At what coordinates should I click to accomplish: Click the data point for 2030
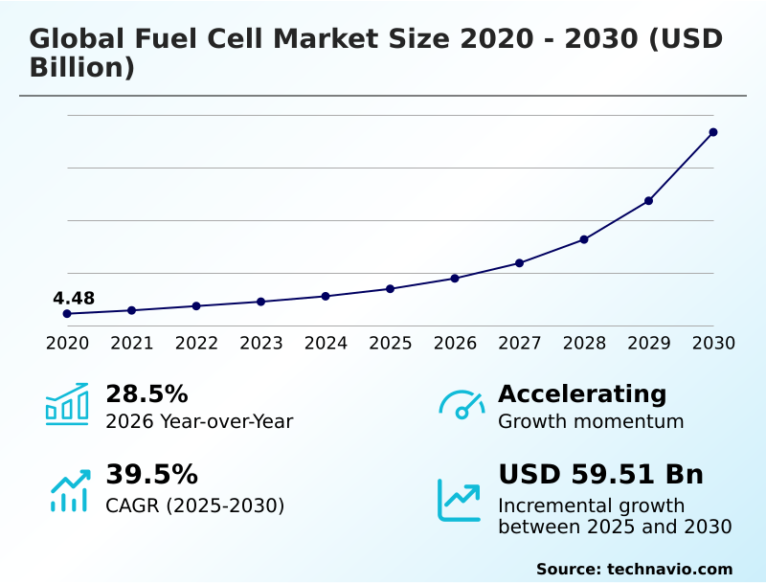pyautogui.click(x=713, y=132)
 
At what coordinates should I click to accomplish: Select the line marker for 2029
pyautogui.click(x=648, y=201)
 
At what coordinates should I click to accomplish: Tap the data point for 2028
pyautogui.click(x=584, y=239)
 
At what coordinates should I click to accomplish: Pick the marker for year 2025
pyautogui.click(x=391, y=288)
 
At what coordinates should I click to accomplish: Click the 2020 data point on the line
pyautogui.click(x=67, y=314)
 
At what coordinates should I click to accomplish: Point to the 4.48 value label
pyautogui.click(x=74, y=299)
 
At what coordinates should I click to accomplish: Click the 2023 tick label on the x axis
pyautogui.click(x=261, y=344)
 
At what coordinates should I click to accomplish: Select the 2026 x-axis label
pyautogui.click(x=455, y=344)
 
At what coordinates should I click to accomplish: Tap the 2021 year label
pyautogui.click(x=132, y=344)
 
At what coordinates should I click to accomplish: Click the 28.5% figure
pyautogui.click(x=146, y=394)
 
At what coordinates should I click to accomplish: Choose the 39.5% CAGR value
pyautogui.click(x=151, y=475)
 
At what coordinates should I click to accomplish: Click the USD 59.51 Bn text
pyautogui.click(x=600, y=475)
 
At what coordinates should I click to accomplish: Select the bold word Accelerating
pyautogui.click(x=582, y=394)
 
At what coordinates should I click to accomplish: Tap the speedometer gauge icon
pyautogui.click(x=462, y=405)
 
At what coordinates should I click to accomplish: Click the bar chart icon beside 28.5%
pyautogui.click(x=67, y=404)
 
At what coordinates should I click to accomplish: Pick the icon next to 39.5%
pyautogui.click(x=69, y=489)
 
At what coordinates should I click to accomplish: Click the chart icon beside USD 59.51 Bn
pyautogui.click(x=460, y=499)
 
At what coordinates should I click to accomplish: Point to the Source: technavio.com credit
pyautogui.click(x=634, y=569)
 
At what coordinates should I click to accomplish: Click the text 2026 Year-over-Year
pyautogui.click(x=199, y=422)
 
